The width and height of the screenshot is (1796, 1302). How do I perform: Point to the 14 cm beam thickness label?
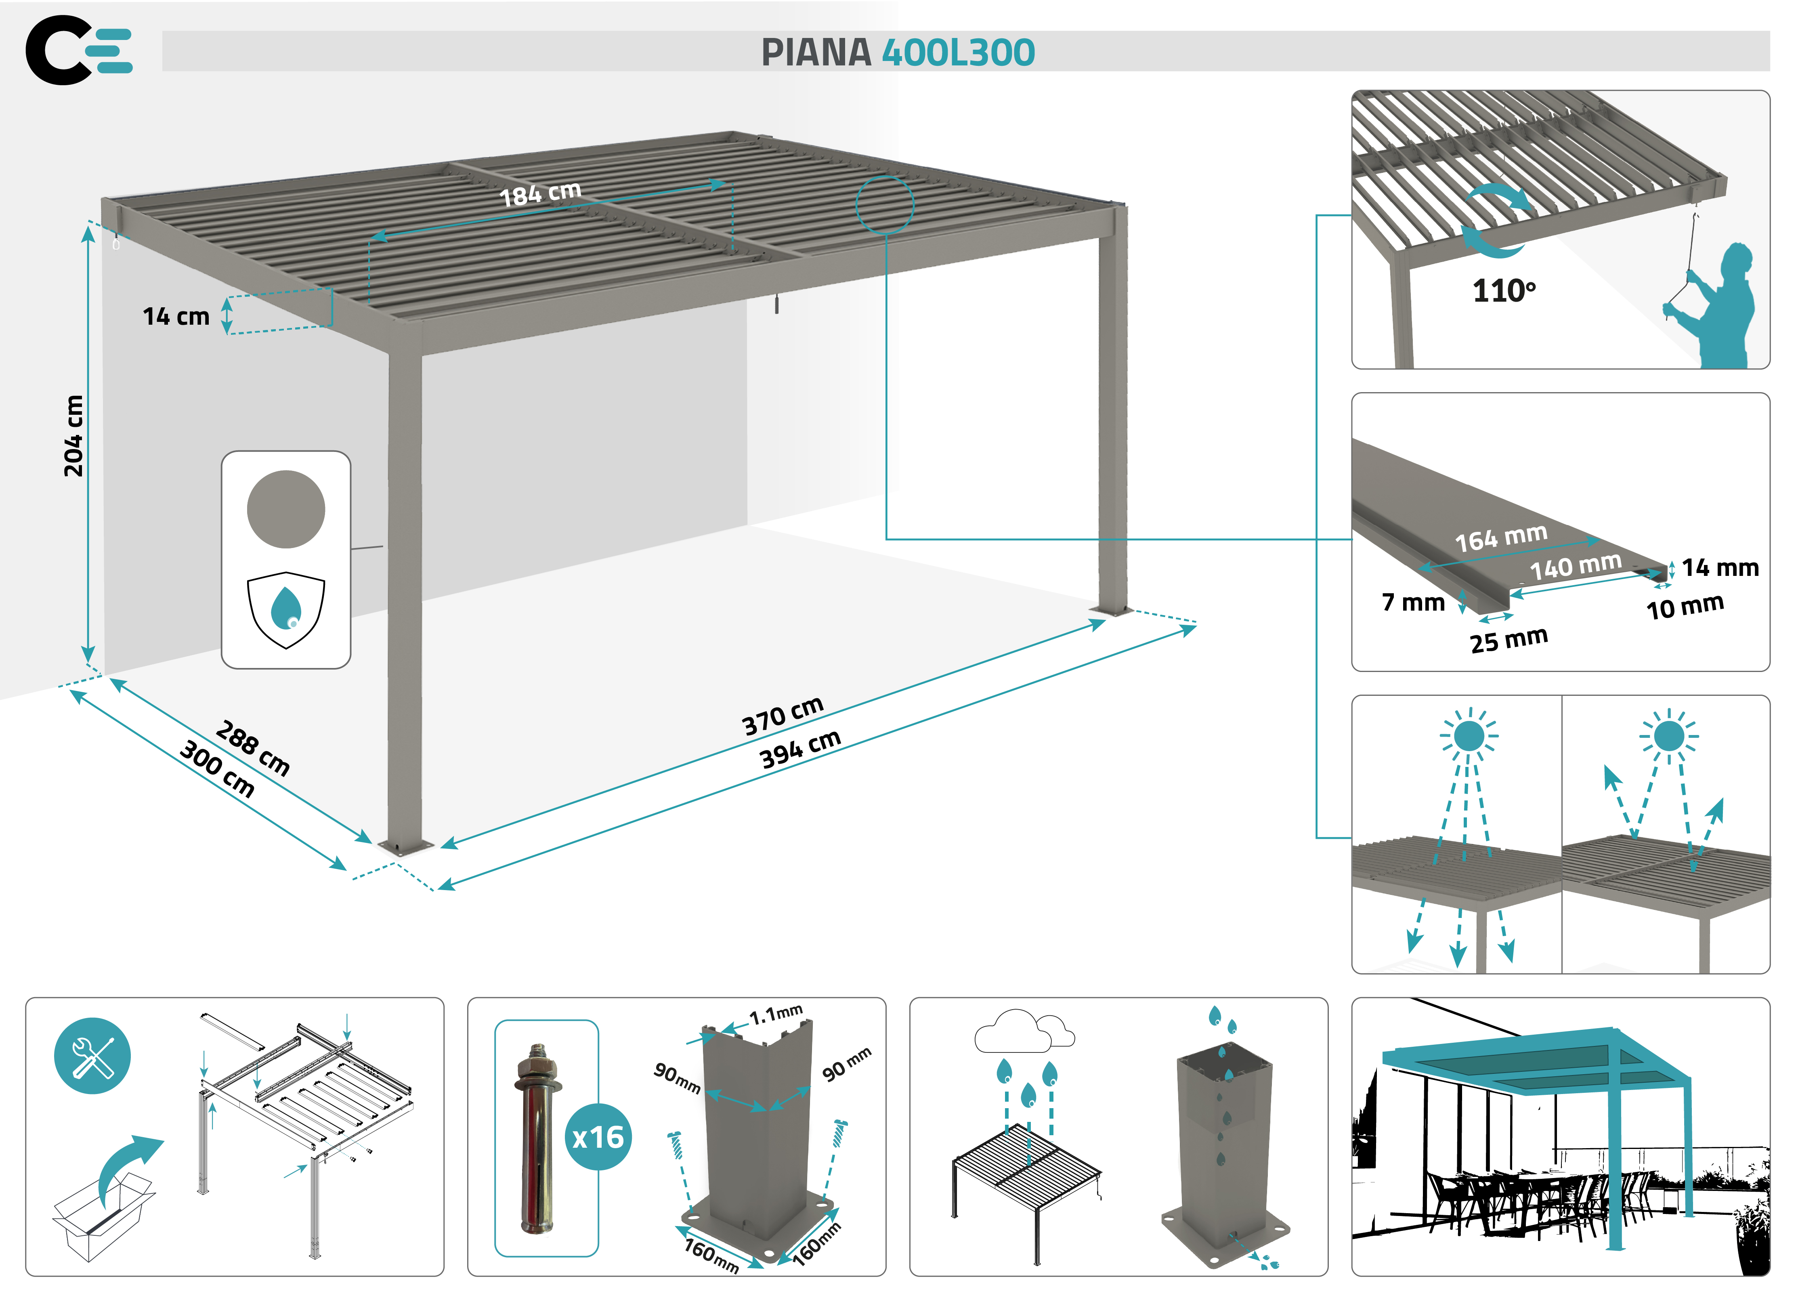[176, 317]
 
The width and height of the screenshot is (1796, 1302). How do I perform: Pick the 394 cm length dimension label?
[800, 748]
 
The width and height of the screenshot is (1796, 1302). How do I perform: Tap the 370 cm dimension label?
[783, 715]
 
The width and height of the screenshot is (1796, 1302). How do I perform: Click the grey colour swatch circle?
[286, 509]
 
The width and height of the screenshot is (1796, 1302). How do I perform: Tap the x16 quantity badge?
[598, 1137]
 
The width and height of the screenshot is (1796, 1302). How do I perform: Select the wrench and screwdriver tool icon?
[92, 1056]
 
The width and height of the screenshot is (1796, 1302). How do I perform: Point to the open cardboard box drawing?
[101, 1216]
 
